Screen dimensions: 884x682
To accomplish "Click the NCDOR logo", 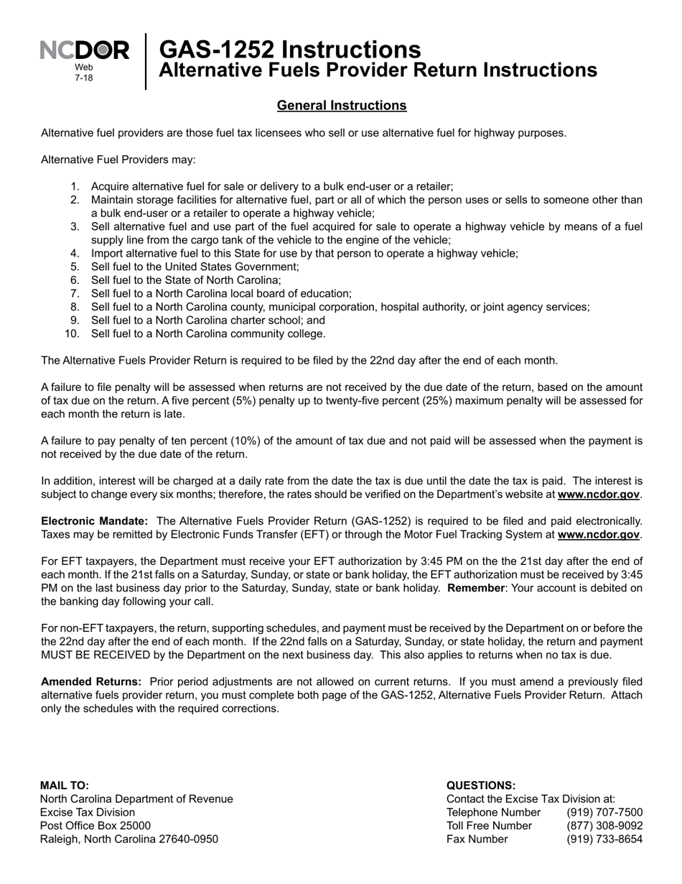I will point(85,51).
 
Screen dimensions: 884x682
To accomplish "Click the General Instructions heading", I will point(342,106).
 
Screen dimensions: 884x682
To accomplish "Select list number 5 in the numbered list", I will point(75,267).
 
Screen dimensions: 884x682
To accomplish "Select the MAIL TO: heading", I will point(65,786).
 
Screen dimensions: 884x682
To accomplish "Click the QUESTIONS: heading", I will point(481,786).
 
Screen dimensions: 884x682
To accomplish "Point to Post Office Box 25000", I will point(95,826).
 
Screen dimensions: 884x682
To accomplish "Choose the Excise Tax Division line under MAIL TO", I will point(88,812).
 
